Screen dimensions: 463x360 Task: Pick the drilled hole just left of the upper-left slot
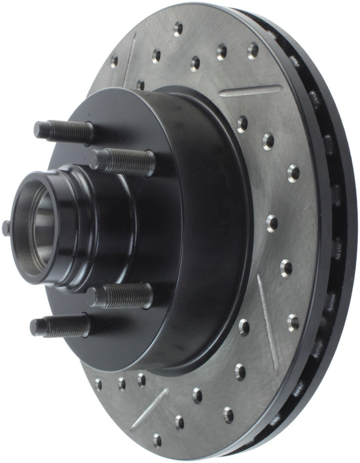pos(114,60)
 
